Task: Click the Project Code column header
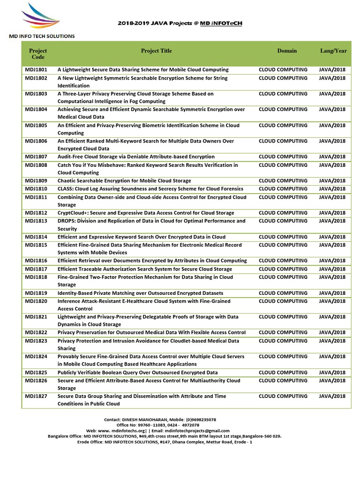tap(38, 54)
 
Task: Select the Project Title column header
tap(156, 51)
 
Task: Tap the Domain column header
tap(287, 51)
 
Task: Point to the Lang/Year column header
tap(333, 51)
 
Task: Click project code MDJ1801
tap(36, 70)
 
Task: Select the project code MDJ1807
tap(36, 157)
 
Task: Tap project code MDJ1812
tap(36, 213)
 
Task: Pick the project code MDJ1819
tap(36, 293)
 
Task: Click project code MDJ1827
tap(36, 397)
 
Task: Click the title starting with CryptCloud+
tap(146, 213)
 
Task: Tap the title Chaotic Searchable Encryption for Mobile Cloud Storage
tap(124, 180)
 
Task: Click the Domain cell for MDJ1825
tap(283, 373)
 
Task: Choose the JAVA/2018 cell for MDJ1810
tap(332, 189)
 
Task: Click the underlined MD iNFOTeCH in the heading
tap(221, 23)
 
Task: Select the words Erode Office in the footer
tap(90, 442)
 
